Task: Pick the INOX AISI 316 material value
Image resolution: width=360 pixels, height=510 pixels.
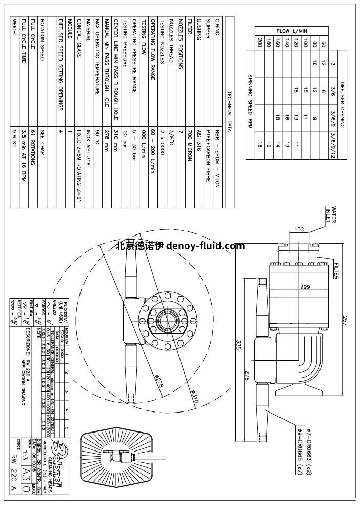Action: tap(88, 147)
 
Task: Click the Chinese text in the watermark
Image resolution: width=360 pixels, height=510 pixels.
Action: tap(139, 246)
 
